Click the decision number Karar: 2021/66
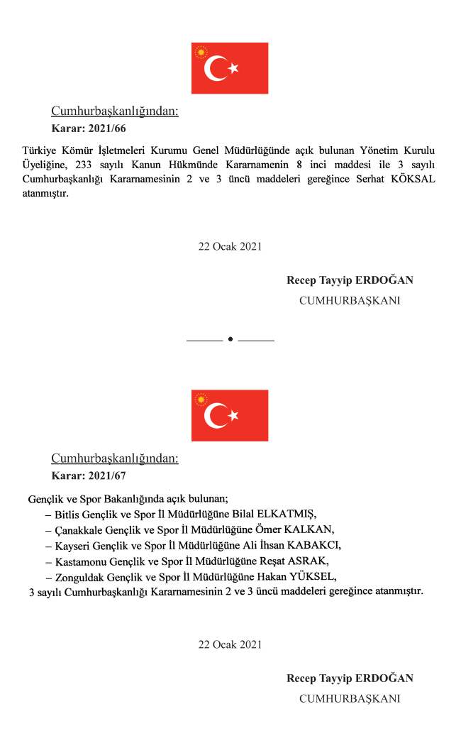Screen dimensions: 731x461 pos(89,129)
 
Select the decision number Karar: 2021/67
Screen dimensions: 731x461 pos(89,476)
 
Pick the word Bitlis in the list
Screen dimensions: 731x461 pos(69,514)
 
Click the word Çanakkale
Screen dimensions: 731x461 pos(79,529)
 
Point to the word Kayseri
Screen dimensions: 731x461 pos(73,545)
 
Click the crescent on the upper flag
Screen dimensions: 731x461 pos(215,69)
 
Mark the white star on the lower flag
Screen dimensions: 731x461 pos(233,415)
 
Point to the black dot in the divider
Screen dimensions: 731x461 pos(230,340)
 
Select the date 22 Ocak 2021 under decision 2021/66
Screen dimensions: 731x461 pos(230,246)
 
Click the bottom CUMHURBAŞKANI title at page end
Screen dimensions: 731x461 pos(350,698)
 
